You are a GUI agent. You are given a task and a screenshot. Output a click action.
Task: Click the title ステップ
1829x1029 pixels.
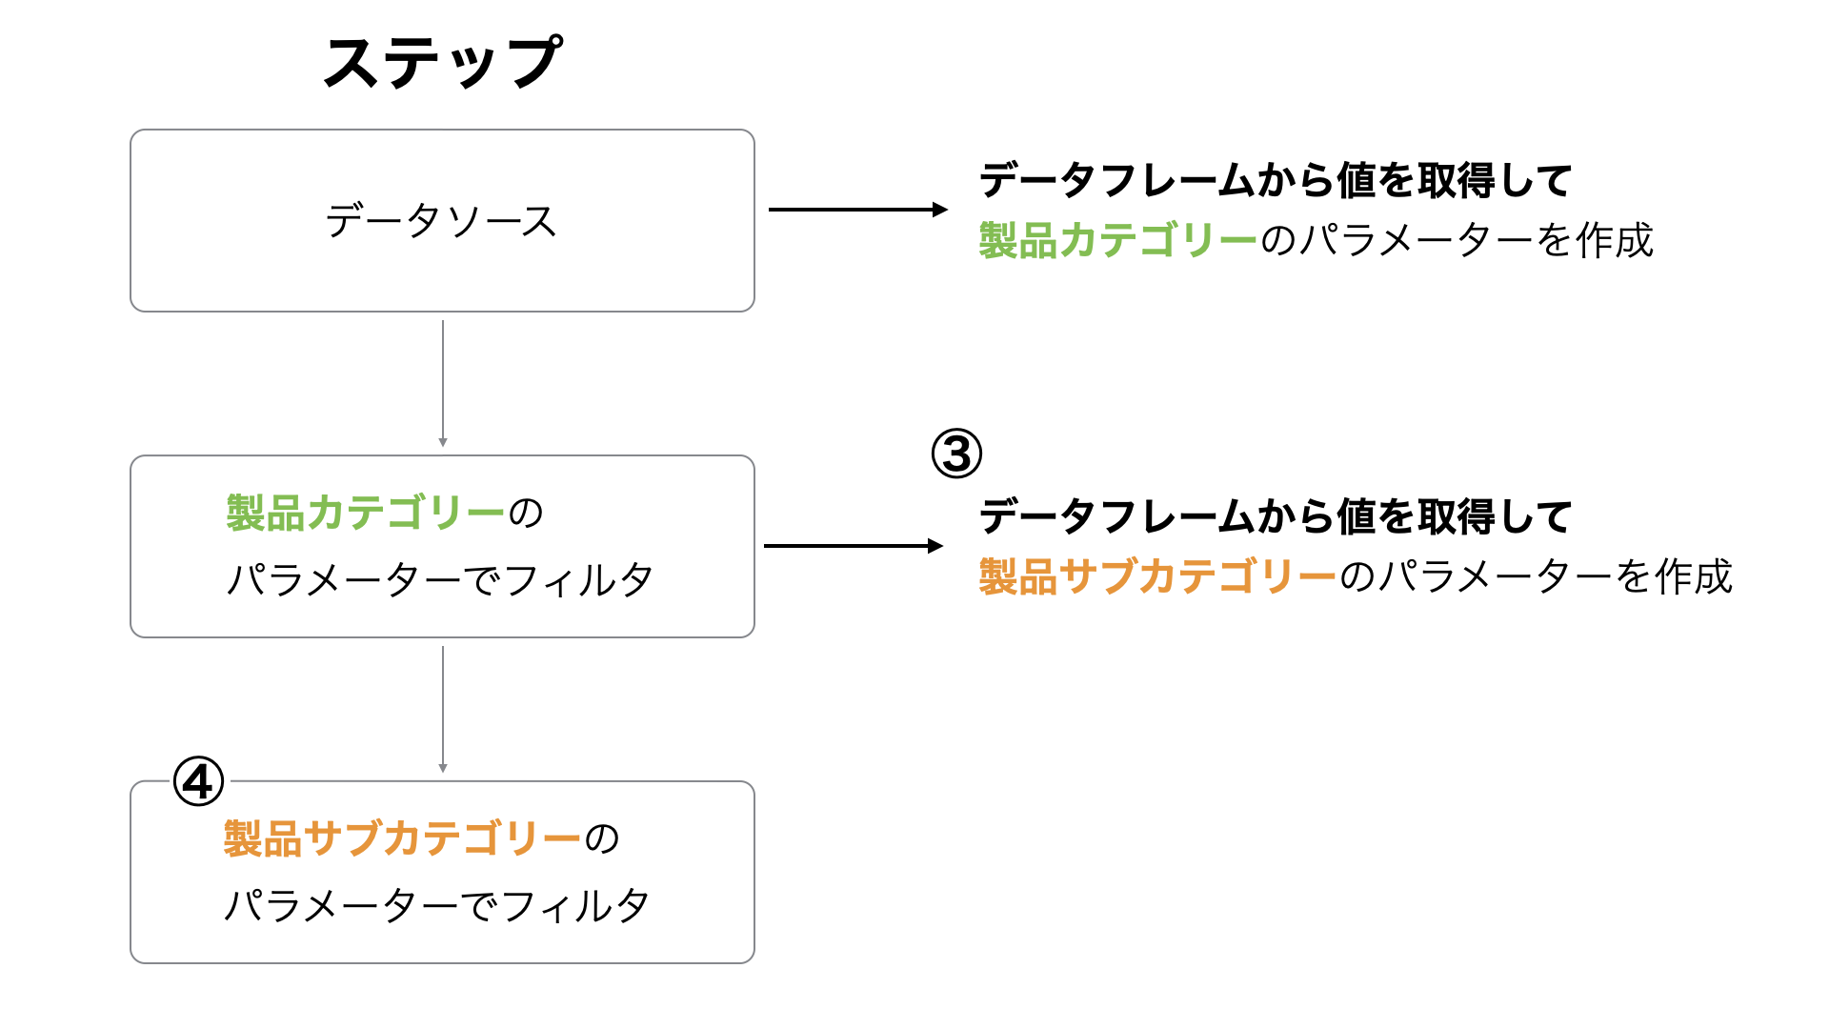click(443, 63)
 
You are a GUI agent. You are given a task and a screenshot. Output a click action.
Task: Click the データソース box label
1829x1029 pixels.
click(441, 221)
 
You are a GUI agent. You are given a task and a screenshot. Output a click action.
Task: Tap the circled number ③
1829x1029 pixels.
click(956, 454)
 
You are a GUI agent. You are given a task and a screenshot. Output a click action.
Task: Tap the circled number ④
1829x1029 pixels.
click(198, 782)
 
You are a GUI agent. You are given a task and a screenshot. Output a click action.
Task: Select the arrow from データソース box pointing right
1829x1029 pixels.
click(858, 210)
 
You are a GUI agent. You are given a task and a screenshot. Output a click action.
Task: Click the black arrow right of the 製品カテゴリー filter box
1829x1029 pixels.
click(854, 546)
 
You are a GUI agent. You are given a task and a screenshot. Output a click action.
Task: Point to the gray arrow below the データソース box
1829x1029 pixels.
click(443, 384)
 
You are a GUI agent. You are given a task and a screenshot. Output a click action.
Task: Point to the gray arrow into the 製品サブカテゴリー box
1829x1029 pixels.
click(443, 710)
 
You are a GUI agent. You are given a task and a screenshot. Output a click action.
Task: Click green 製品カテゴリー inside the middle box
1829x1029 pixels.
click(365, 513)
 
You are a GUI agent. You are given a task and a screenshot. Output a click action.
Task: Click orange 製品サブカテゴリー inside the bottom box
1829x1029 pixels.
click(402, 838)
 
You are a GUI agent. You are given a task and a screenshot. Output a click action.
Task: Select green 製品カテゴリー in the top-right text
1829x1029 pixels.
click(1118, 240)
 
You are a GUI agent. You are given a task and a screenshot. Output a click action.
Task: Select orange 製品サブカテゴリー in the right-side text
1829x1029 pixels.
click(1158, 576)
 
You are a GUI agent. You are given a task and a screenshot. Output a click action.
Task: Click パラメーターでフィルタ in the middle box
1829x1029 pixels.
click(440, 579)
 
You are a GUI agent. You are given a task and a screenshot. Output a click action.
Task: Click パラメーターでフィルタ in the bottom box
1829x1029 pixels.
click(437, 905)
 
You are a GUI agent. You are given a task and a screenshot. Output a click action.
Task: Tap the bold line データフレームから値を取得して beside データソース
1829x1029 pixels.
click(1276, 180)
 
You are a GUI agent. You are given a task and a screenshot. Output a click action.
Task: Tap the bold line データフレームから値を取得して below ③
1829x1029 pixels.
click(1276, 516)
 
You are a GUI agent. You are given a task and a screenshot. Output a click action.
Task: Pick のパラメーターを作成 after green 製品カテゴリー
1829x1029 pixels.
click(1457, 240)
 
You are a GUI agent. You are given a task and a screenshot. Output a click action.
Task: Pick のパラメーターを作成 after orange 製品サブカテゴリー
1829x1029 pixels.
click(1536, 576)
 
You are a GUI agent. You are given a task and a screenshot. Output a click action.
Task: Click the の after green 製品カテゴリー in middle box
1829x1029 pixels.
click(525, 514)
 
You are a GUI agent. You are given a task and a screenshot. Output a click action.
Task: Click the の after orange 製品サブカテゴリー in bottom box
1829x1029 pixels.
click(601, 839)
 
